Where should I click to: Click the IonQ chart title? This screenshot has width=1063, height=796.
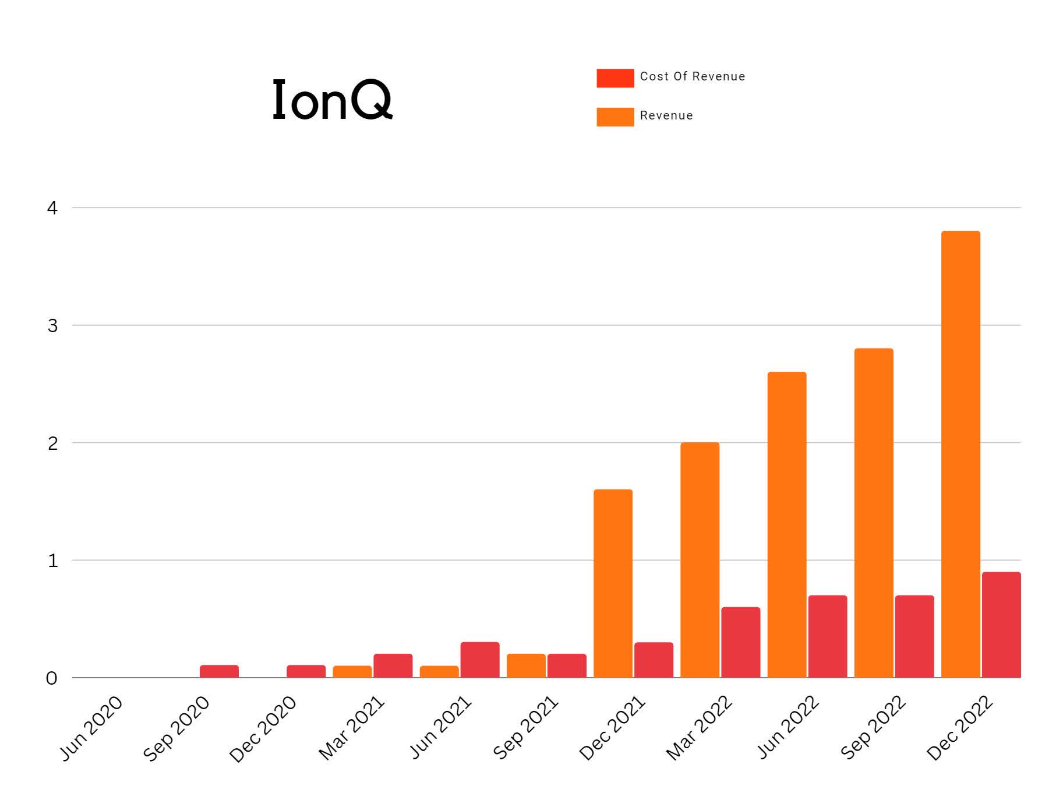tap(332, 100)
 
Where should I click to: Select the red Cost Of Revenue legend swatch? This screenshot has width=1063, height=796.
tap(615, 78)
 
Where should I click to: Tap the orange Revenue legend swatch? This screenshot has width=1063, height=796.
tap(615, 117)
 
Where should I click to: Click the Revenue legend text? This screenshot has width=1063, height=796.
tap(666, 115)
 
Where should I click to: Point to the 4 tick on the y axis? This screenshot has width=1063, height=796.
tap(52, 208)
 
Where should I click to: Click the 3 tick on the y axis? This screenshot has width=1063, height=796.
tap(52, 326)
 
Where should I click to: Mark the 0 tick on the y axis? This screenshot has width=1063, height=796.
tap(52, 678)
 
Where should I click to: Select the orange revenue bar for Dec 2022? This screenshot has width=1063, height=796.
tap(960, 455)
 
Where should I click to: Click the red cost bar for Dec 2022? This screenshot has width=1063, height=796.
tap(1001, 625)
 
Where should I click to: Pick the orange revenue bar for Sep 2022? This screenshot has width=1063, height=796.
tap(873, 513)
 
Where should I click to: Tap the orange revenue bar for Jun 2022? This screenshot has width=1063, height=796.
tap(786, 524)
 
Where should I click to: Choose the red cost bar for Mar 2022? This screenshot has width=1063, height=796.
tap(740, 642)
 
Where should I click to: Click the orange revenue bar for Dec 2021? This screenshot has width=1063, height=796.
tap(613, 583)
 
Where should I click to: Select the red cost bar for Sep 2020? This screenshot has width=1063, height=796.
tap(219, 671)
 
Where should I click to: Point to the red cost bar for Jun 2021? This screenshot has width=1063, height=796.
tap(479, 660)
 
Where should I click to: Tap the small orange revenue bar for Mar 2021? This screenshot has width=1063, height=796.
tap(352, 671)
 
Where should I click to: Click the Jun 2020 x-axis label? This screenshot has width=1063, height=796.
tap(91, 728)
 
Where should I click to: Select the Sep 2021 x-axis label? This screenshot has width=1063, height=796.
tap(525, 728)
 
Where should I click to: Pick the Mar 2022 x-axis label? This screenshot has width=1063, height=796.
tap(699, 728)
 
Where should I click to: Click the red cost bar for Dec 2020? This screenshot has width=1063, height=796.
tap(306, 671)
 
